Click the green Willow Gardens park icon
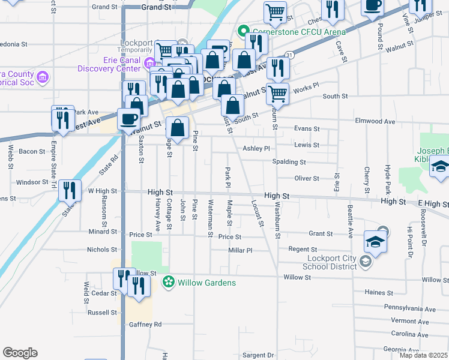(170, 282)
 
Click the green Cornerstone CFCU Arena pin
(244, 31)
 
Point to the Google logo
(20, 353)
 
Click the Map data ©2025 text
(423, 355)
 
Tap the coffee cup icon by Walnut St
(128, 119)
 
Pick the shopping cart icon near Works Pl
(277, 93)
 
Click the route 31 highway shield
(289, 55)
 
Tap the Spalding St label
(289, 162)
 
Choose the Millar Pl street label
(240, 250)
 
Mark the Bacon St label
(32, 151)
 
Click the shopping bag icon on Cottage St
(178, 127)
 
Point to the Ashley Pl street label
(257, 148)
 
